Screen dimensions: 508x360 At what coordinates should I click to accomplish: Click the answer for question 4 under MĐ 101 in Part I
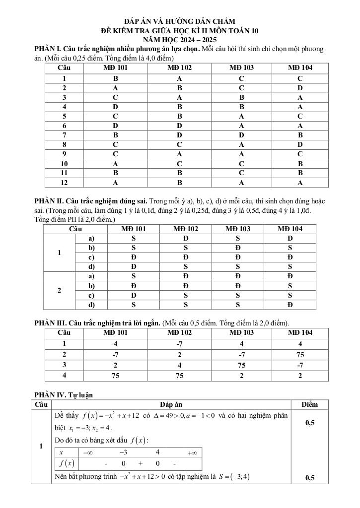pos(115,106)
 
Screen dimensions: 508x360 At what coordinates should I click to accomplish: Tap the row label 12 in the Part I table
pos(64,182)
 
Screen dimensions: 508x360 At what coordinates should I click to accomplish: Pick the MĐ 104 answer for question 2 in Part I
pos(300,88)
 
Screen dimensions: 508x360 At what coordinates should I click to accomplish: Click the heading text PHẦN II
pos(49,200)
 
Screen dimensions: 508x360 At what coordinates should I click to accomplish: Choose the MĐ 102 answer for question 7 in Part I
pos(179,134)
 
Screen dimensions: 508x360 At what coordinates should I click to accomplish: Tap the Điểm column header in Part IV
pos(309,404)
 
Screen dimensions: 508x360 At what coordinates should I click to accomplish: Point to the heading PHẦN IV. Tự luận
pos(64,394)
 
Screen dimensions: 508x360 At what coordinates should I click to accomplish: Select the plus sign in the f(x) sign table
pos(141,464)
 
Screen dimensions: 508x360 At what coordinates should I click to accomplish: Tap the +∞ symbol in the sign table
pos(192,452)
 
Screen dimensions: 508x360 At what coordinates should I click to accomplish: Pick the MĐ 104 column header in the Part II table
pos(289,229)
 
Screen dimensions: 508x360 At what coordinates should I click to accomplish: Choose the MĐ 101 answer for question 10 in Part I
pos(115,163)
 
